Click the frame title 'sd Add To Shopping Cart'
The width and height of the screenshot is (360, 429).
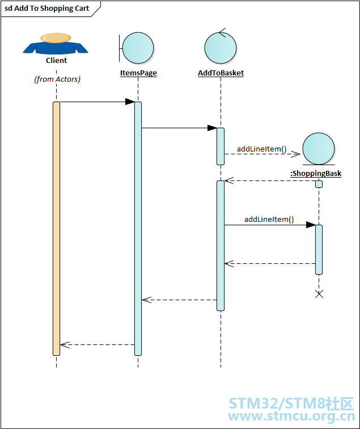(x=46, y=9)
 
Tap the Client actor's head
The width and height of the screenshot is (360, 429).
(x=56, y=38)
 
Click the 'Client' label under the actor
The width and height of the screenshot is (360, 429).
(x=56, y=61)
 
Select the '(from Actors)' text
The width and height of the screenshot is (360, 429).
(x=57, y=79)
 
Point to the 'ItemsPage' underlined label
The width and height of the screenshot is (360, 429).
(x=138, y=73)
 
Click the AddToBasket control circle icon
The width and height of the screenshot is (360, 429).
(x=221, y=47)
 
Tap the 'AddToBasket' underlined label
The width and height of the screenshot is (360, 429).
(x=221, y=73)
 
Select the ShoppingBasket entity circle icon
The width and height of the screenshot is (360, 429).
(x=319, y=149)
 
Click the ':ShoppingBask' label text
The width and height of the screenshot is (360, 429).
(x=316, y=174)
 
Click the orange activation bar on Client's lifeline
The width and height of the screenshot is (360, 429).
(x=56, y=229)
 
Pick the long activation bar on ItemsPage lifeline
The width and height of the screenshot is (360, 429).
(x=138, y=229)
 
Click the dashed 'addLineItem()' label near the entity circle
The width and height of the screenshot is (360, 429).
(x=261, y=149)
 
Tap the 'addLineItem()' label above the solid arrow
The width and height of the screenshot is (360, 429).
(x=269, y=220)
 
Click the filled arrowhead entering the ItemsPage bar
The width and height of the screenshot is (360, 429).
(x=130, y=102)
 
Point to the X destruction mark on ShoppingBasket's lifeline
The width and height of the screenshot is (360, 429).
(x=319, y=294)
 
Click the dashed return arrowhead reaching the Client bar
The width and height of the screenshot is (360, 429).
(x=65, y=345)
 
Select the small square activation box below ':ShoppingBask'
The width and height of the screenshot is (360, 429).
(x=319, y=184)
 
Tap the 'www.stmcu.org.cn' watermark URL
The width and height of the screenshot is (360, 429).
(x=291, y=417)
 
